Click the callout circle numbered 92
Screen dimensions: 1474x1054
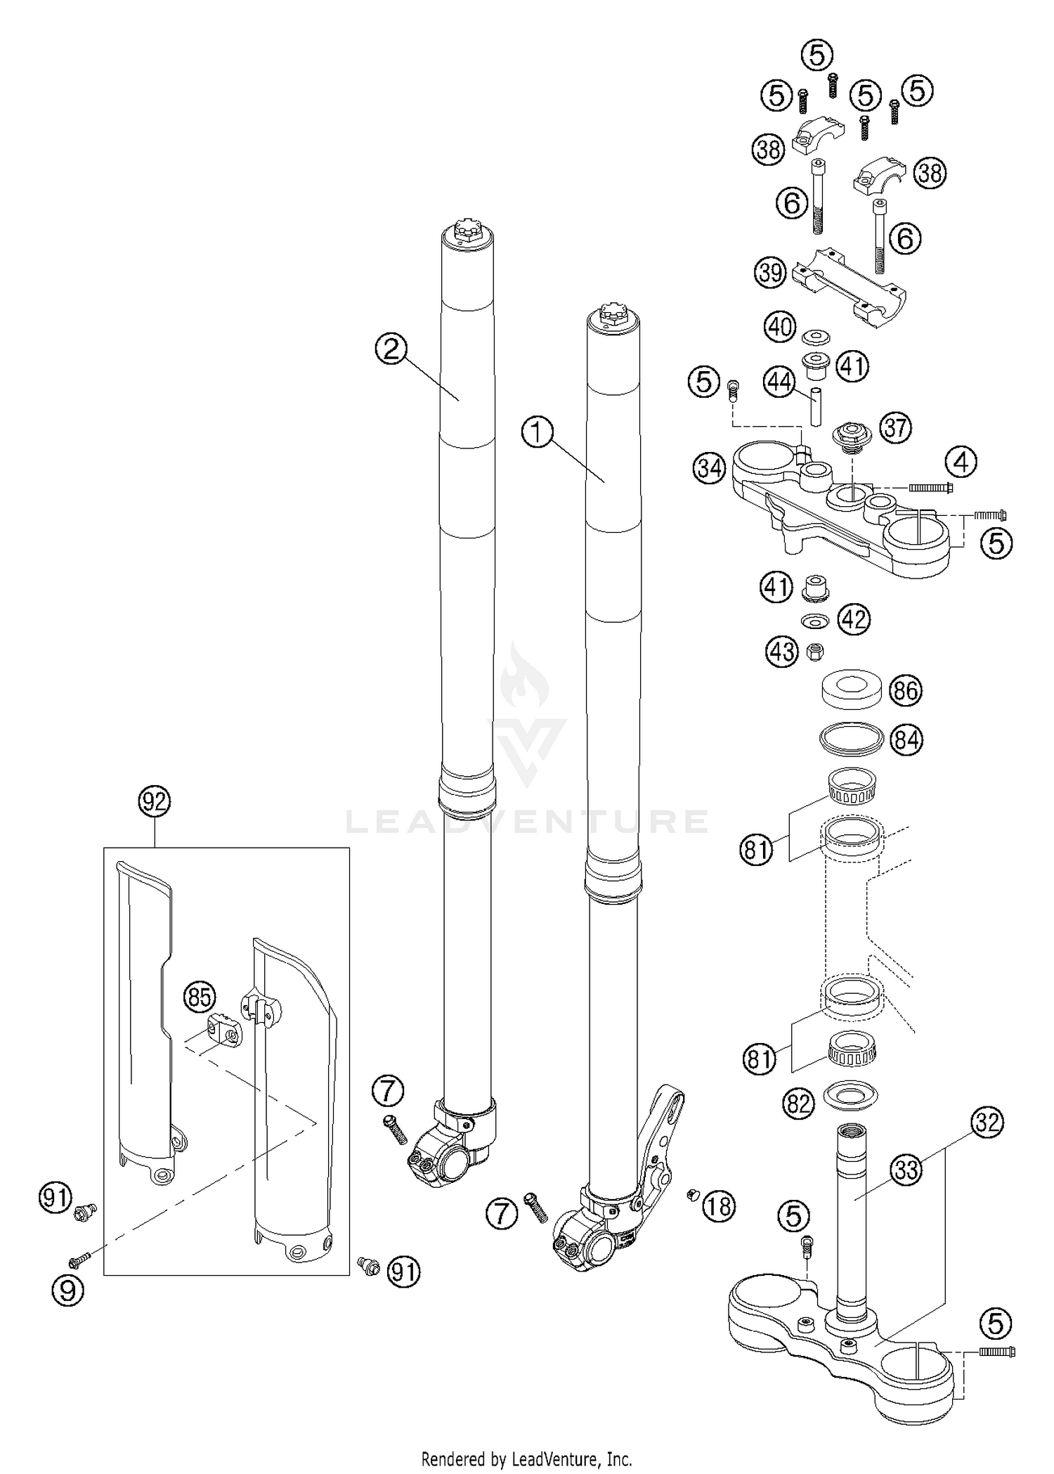(x=155, y=801)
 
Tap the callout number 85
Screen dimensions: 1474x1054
(x=199, y=996)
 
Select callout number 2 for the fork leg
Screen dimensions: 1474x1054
(x=391, y=348)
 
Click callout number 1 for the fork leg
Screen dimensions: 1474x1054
(x=538, y=432)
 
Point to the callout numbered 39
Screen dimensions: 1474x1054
(x=771, y=272)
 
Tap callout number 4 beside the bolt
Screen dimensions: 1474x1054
(x=961, y=463)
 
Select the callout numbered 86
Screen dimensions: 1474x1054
(x=905, y=690)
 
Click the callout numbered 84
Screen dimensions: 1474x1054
(x=906, y=739)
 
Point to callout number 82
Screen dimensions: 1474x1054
(x=799, y=1104)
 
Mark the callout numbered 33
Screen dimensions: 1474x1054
(x=907, y=1170)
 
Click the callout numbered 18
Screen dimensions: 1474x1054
(x=718, y=1206)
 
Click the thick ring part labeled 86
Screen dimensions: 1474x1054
(x=852, y=686)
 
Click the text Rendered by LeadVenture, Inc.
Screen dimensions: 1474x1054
(x=526, y=1458)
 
